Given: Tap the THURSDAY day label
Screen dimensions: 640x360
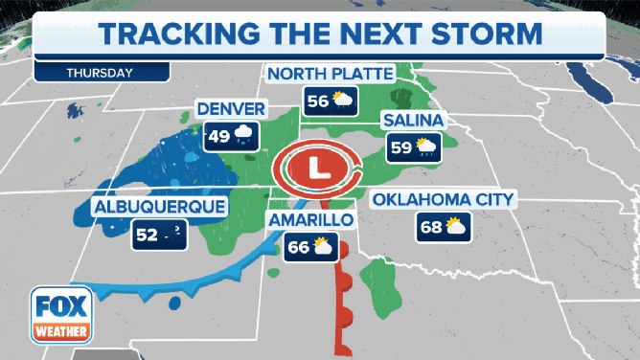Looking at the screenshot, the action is tap(100, 72).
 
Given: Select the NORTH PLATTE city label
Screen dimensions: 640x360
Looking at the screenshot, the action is tap(331, 75).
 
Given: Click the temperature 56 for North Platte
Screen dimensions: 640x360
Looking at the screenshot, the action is tap(316, 101).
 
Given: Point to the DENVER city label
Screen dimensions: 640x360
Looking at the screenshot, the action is tap(230, 107).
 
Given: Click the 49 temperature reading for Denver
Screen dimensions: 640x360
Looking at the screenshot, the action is tap(218, 136).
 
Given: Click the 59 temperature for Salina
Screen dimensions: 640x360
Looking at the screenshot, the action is tap(400, 147).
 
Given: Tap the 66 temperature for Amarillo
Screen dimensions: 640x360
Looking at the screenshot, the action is tap(297, 248).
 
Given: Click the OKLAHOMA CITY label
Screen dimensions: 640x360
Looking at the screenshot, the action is tap(444, 200).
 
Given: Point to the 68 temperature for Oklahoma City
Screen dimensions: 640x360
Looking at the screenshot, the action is tap(430, 227).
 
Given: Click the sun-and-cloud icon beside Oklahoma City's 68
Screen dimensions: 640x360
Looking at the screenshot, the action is tap(457, 227).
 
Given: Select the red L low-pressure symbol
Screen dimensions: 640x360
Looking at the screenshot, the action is tap(316, 169).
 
